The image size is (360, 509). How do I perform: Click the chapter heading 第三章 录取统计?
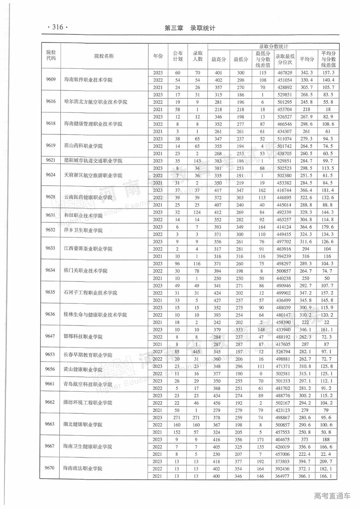[190, 28]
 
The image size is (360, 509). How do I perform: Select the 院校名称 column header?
[104, 56]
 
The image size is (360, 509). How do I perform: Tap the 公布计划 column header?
[178, 56]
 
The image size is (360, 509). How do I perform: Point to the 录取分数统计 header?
[273, 47]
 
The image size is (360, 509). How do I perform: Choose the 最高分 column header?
[218, 59]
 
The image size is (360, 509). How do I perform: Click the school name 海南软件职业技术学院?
[88, 80]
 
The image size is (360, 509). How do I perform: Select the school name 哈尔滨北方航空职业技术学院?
[96, 102]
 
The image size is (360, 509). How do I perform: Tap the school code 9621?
[50, 160]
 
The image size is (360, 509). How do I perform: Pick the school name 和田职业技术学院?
[83, 216]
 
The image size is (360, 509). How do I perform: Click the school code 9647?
[50, 336]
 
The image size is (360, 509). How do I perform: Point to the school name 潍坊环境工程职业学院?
[88, 403]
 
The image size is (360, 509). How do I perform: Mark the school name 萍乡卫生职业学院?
[83, 230]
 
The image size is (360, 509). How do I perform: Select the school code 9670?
[49, 468]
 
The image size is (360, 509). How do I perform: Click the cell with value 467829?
[284, 73]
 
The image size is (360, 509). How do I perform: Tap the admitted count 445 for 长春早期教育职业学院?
[197, 352]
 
